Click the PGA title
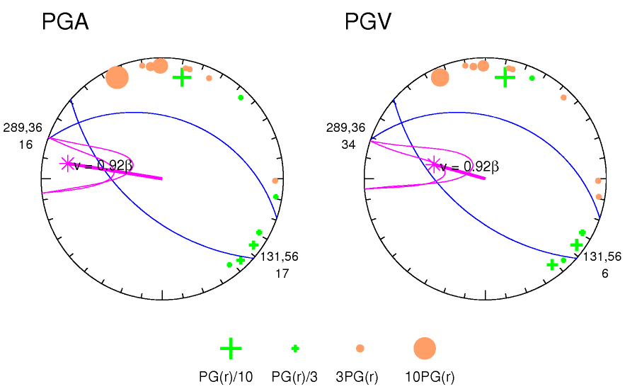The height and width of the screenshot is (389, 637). [65, 23]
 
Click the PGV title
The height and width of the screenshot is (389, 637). [367, 23]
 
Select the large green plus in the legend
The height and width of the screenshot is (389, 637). [231, 348]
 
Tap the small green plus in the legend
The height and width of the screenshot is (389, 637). [295, 348]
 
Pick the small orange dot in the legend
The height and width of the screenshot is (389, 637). [360, 348]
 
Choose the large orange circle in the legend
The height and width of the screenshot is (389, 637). [425, 348]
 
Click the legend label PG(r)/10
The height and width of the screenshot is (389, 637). [226, 377]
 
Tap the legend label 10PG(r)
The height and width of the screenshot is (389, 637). [430, 377]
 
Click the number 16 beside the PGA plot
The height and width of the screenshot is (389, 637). [25, 145]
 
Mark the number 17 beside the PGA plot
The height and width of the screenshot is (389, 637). [282, 274]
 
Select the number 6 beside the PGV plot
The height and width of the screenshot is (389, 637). [605, 274]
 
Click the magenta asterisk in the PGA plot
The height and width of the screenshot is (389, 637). [67, 164]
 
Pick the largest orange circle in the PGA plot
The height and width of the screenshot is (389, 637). [117, 77]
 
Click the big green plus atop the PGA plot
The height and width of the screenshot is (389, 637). [183, 77]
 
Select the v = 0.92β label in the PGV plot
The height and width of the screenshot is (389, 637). [469, 167]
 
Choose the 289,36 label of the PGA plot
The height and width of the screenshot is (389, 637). [23, 128]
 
